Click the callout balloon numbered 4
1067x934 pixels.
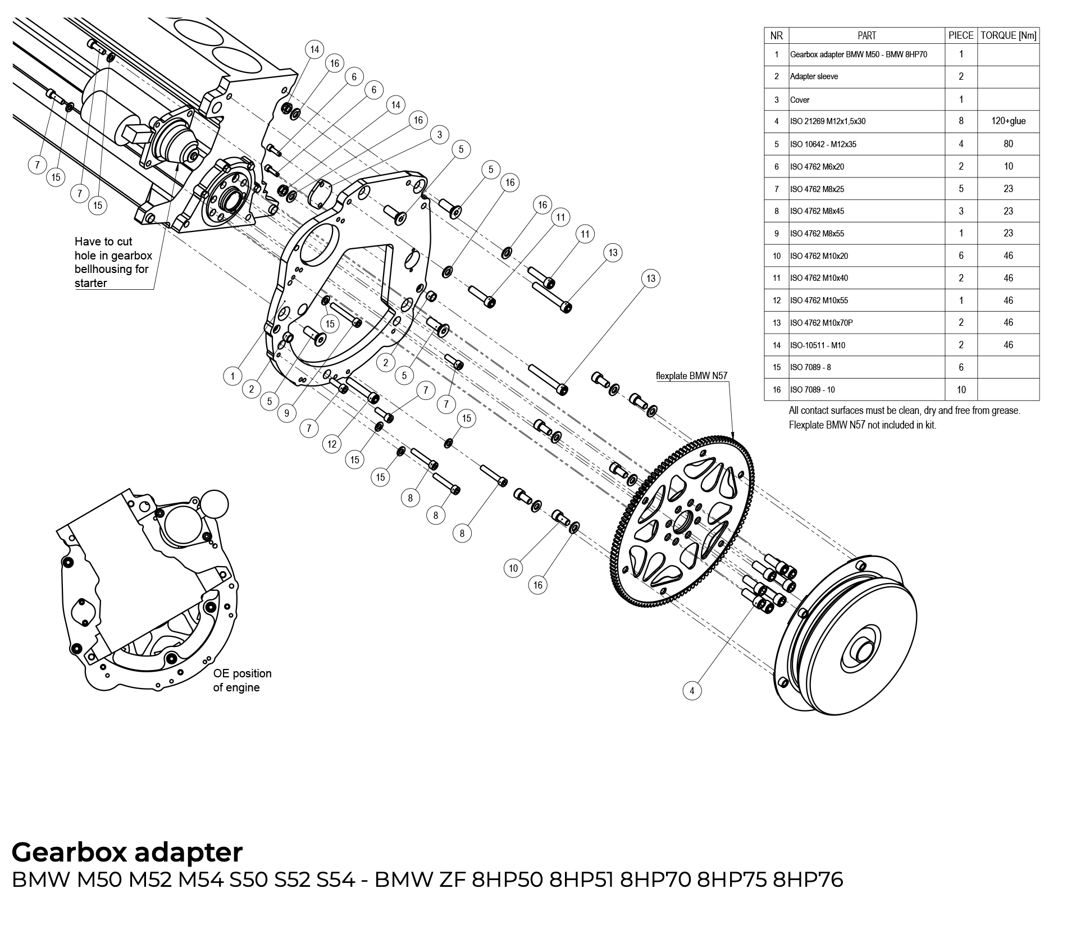pyautogui.click(x=692, y=690)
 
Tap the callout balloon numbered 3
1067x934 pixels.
pyautogui.click(x=440, y=135)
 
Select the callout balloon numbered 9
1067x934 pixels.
pyautogui.click(x=287, y=413)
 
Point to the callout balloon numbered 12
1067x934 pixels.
pyautogui.click(x=332, y=444)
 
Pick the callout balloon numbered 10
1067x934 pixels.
pyautogui.click(x=513, y=568)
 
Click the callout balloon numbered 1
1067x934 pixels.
pyautogui.click(x=232, y=375)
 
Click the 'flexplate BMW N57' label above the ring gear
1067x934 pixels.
pyautogui.click(x=692, y=376)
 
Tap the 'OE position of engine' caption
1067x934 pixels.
pyautogui.click(x=242, y=680)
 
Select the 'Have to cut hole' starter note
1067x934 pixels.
pyautogui.click(x=113, y=262)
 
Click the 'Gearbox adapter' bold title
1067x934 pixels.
pyautogui.click(x=127, y=852)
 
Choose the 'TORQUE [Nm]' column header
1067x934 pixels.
pyautogui.click(x=1008, y=35)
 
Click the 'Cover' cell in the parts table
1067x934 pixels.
pyautogui.click(x=800, y=100)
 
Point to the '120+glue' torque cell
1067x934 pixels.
pyautogui.click(x=1008, y=121)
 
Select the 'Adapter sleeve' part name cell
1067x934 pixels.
pyautogui.click(x=814, y=76)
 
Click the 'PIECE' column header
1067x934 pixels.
pyautogui.click(x=960, y=35)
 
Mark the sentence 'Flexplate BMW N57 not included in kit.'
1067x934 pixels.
pyautogui.click(x=862, y=425)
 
